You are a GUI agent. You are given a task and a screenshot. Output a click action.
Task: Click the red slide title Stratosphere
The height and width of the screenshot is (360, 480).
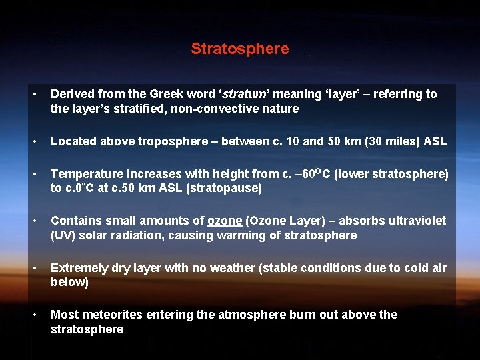point(240,49)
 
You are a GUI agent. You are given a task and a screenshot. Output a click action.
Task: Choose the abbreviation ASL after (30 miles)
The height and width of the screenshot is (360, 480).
point(433,141)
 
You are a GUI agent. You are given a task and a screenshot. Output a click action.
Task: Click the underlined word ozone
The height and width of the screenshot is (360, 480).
point(225,221)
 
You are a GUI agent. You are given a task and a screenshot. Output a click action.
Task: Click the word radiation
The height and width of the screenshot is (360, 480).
point(142,235)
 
